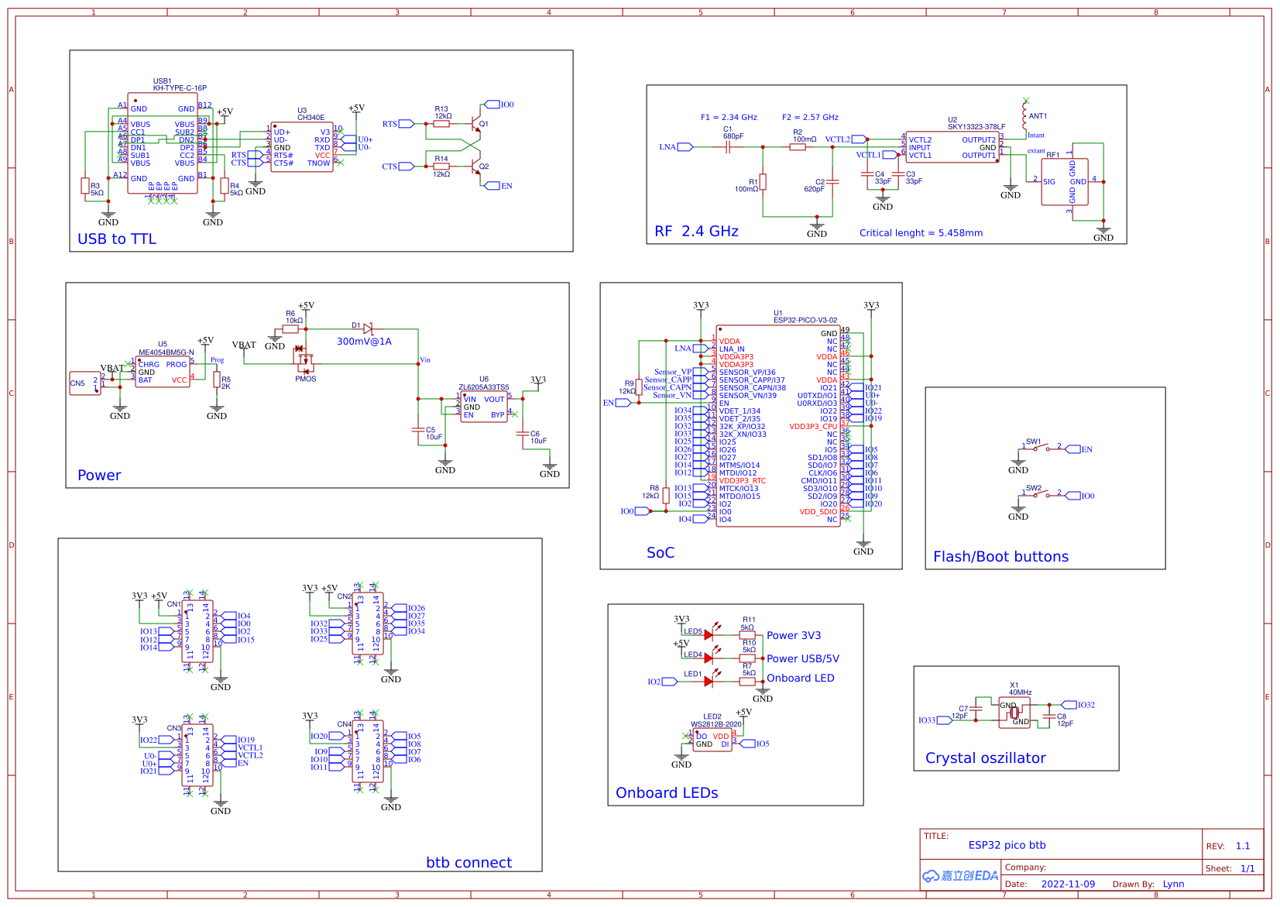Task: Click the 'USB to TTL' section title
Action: (117, 239)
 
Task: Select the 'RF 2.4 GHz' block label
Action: (696, 232)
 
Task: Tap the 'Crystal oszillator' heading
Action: (985, 758)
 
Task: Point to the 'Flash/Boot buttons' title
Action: (1000, 557)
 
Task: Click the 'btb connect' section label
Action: (468, 863)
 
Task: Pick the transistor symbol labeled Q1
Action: (475, 124)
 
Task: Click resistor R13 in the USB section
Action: (441, 124)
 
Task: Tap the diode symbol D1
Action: (368, 329)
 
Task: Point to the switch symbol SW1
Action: (1042, 448)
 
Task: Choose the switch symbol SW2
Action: (1042, 495)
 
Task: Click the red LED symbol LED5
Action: (708, 635)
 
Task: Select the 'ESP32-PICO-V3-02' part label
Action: (805, 320)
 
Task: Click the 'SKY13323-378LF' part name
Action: (976, 127)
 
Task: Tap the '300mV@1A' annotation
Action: (364, 342)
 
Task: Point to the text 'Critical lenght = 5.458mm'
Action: (921, 233)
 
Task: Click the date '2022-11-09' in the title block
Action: (1068, 885)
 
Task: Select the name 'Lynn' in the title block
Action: (1173, 885)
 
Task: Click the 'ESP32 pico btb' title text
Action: (1007, 846)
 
